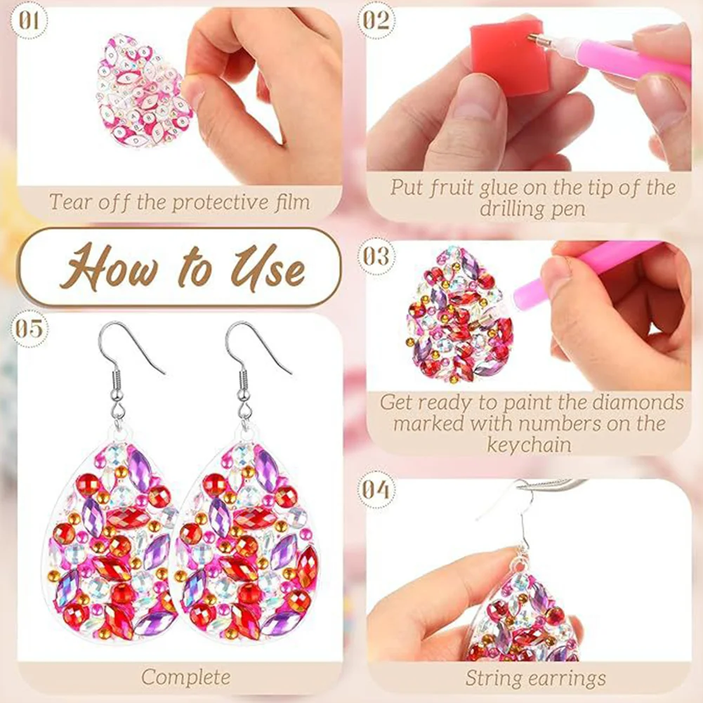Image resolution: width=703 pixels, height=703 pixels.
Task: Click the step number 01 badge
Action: point(28,20)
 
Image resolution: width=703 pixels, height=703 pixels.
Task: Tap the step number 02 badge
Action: point(376,20)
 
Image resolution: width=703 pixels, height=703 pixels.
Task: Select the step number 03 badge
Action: point(376,256)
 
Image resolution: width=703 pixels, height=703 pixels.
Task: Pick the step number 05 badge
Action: point(28,328)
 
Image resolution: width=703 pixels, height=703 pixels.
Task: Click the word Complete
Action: point(185,677)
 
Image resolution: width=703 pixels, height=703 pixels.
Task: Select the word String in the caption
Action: point(490,678)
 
